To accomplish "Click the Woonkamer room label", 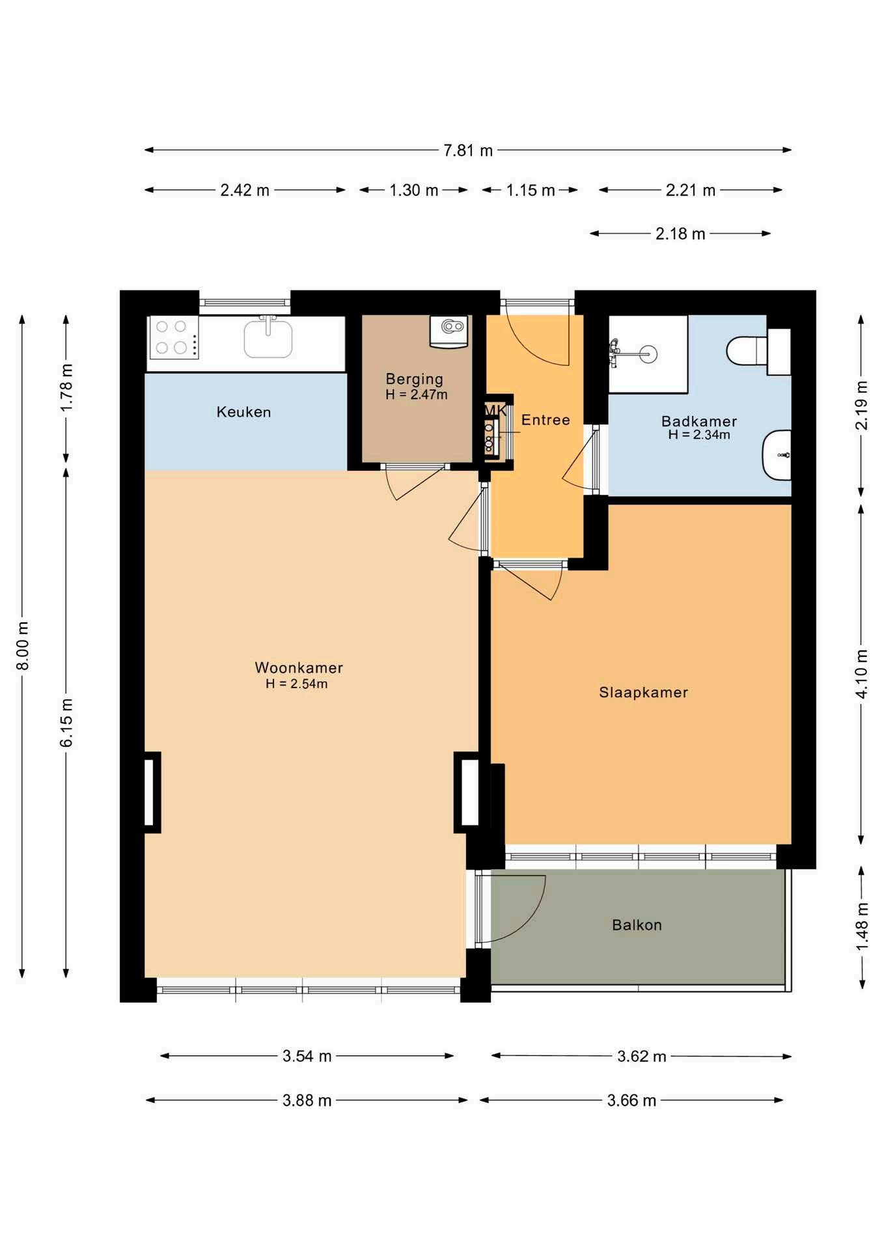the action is tap(299, 667).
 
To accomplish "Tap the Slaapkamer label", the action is tap(643, 692).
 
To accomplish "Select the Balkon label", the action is tap(637, 925).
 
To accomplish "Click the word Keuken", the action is tap(243, 411).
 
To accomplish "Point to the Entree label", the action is tap(546, 420).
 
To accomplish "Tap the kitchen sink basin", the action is tap(268, 337).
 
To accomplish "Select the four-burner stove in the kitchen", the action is tap(174, 338).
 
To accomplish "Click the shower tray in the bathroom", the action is tap(648, 354).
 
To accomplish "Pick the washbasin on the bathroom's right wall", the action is tap(777, 455).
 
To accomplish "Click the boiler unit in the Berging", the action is tap(449, 331).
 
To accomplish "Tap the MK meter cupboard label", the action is tap(495, 410).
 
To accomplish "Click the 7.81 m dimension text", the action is tap(468, 150).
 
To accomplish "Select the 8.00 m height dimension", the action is tap(23, 646).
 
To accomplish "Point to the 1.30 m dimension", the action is tap(413, 190).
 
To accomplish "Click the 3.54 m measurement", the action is tap(307, 1056).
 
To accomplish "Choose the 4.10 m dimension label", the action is tap(861, 674).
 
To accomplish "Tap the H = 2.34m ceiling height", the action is tap(699, 435).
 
